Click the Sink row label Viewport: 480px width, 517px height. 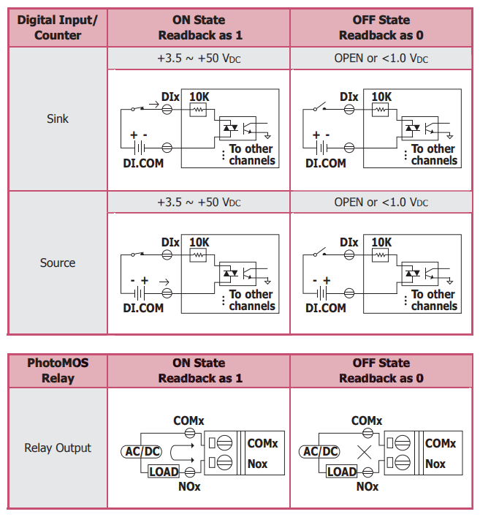pyautogui.click(x=58, y=118)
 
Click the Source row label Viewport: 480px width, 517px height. pyautogui.click(x=58, y=263)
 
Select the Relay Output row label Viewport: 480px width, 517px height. pyautogui.click(x=58, y=448)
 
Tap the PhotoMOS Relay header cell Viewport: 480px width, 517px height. pyautogui.click(x=58, y=371)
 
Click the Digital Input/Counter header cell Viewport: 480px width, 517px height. pyautogui.click(x=58, y=28)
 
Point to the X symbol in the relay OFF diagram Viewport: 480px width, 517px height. pyautogui.click(x=365, y=452)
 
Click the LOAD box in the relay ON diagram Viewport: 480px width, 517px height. pyautogui.click(x=164, y=472)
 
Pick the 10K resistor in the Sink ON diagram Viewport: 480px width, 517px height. pyautogui.click(x=198, y=110)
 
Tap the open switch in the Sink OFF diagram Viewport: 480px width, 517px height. pyautogui.click(x=319, y=107)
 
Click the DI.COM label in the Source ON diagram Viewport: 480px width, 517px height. pyautogui.click(x=143, y=308)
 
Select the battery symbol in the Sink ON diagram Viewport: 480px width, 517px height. pyautogui.click(x=140, y=148)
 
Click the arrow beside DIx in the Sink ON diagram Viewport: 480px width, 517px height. pyautogui.click(x=154, y=105)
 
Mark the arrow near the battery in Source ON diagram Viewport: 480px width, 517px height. pyautogui.click(x=164, y=282)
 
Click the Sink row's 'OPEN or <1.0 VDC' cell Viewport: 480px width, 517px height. pyautogui.click(x=381, y=59)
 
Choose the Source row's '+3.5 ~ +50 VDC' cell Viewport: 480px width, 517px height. pyautogui.click(x=199, y=202)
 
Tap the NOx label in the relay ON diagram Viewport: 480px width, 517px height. pyautogui.click(x=189, y=487)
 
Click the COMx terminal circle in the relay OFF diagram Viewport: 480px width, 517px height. pyautogui.click(x=367, y=433)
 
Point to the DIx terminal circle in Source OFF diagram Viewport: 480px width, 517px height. pyautogui.click(x=349, y=255)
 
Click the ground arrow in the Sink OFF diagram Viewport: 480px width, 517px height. pyautogui.click(x=450, y=135)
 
